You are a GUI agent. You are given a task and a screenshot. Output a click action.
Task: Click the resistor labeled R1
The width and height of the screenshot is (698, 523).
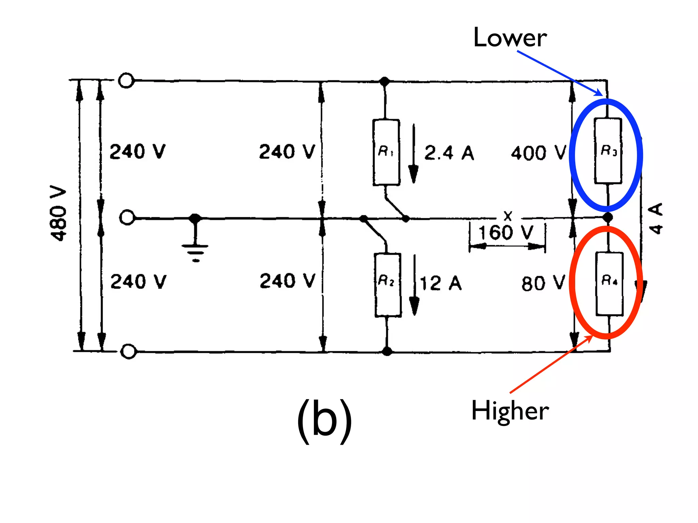pos(386,152)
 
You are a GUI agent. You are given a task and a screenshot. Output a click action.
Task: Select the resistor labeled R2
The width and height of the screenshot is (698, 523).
pos(388,285)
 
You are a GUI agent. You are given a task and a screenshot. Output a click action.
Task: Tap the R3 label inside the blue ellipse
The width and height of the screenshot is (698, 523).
pos(608,150)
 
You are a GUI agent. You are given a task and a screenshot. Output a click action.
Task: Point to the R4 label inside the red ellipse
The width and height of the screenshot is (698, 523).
pos(609,280)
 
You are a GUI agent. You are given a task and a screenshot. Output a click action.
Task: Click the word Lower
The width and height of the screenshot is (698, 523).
pos(510,37)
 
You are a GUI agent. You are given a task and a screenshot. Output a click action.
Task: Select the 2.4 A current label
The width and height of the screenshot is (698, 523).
pos(449,153)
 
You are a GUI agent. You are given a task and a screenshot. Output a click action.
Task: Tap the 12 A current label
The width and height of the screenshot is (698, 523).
pos(440,284)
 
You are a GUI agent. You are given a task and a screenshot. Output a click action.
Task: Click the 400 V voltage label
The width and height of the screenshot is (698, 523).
pos(538,153)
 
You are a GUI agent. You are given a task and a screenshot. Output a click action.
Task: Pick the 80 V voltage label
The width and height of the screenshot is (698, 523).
pos(543,283)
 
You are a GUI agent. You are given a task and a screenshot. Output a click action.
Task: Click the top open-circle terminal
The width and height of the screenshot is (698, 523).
pos(126,81)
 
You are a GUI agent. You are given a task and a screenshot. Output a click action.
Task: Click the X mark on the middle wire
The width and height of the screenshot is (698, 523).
pos(508,216)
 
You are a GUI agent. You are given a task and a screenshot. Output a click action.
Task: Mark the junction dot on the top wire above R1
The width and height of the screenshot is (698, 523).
pos(384,82)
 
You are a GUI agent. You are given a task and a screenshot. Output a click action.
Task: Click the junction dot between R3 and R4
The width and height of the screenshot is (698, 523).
pos(607,217)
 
